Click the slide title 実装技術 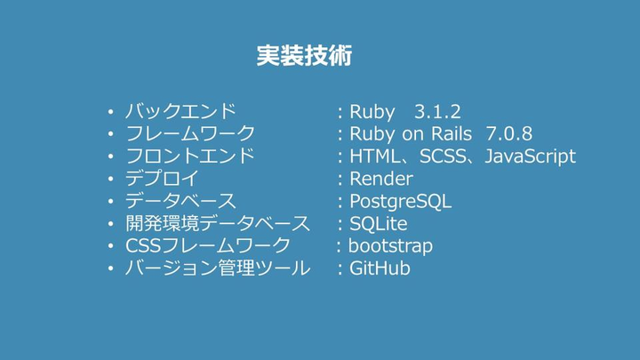[x=304, y=56]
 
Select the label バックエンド [x=180, y=112]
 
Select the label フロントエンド [x=189, y=156]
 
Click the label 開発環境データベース [x=217, y=223]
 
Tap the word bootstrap [x=390, y=245]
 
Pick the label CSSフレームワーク [x=207, y=245]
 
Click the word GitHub [x=380, y=268]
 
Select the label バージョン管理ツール [x=217, y=268]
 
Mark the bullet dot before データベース [x=109, y=202]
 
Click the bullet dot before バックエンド [x=109, y=113]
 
